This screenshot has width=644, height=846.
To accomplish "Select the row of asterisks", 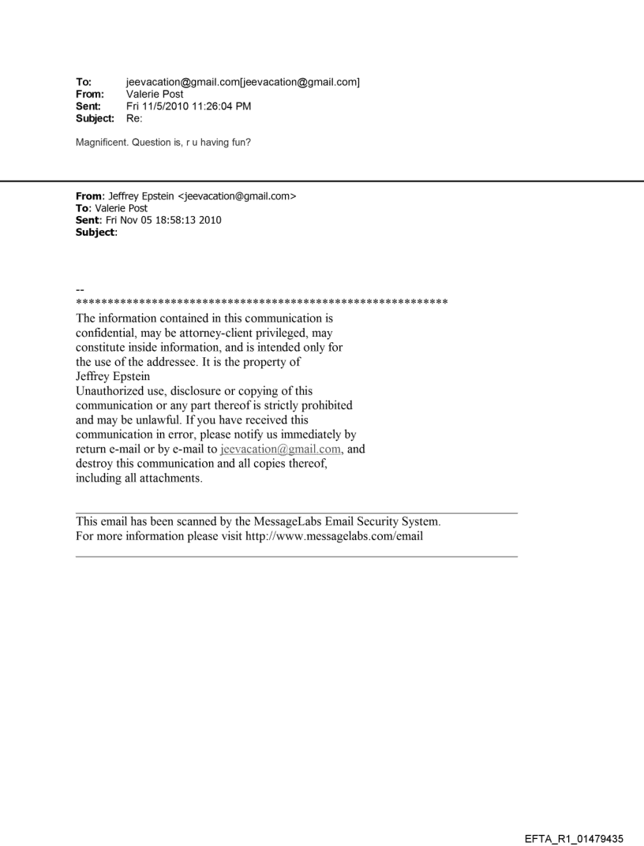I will click(x=261, y=302).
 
